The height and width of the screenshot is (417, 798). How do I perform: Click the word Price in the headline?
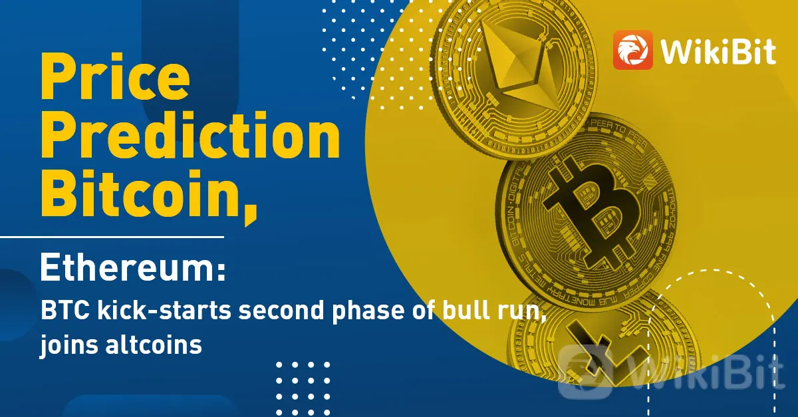(x=116, y=76)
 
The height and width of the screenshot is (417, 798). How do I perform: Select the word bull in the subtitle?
(x=465, y=310)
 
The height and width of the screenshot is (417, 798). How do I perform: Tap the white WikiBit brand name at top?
(x=718, y=52)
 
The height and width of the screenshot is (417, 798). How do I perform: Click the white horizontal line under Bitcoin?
(x=112, y=236)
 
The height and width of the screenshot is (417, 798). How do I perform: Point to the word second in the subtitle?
(x=281, y=310)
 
